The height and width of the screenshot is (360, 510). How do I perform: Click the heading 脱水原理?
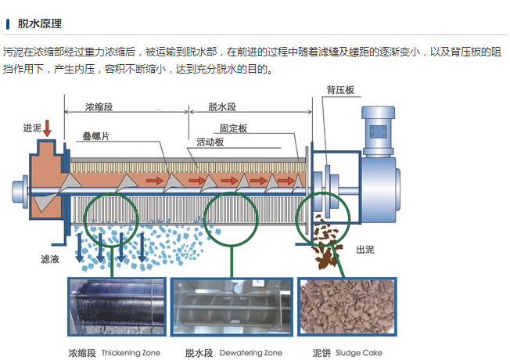tap(39, 24)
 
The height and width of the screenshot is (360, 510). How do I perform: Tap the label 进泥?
tap(30, 128)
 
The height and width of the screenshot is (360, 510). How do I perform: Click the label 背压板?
tap(341, 91)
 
